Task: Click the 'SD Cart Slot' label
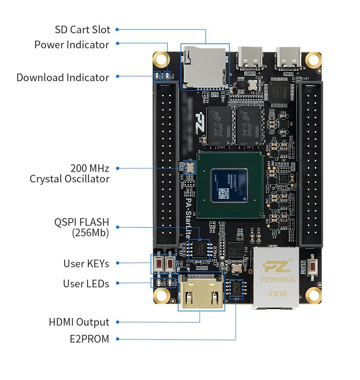(82, 30)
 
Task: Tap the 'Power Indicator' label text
(72, 45)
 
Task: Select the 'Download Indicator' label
(63, 78)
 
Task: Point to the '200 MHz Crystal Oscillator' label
(70, 173)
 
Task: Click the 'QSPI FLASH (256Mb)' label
(82, 227)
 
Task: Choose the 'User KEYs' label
(86, 264)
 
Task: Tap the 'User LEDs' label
(86, 284)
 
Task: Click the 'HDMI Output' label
(79, 322)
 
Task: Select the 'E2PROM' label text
(89, 339)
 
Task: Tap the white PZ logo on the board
(199, 124)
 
